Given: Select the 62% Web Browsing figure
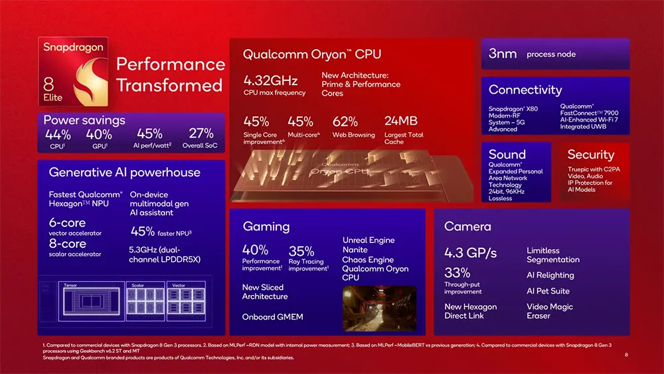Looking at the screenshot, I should [x=345, y=122].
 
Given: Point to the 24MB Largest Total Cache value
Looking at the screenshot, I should [x=400, y=121].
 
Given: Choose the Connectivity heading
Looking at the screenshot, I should [x=525, y=90].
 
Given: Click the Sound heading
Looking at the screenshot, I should [x=507, y=154].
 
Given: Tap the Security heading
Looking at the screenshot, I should [x=590, y=154].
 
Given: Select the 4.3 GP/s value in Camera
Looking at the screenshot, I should [x=470, y=252].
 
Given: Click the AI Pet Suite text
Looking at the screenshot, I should [x=548, y=291].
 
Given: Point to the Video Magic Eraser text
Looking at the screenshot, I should [x=549, y=311].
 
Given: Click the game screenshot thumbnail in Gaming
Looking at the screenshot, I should [x=379, y=308].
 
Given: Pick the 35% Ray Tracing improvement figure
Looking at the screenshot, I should [x=301, y=251].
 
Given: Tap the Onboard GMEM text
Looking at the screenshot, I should [x=272, y=317].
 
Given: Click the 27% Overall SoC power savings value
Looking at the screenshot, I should [x=201, y=134].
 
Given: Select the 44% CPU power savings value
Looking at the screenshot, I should [x=57, y=134].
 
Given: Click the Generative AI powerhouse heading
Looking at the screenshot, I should [x=124, y=173].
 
